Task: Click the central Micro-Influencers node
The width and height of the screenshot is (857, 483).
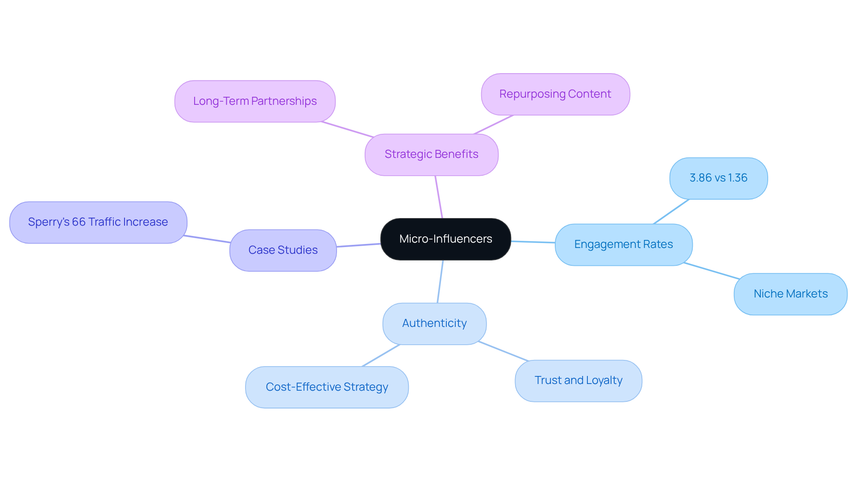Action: [445, 239]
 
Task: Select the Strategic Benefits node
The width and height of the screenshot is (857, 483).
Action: [431, 154]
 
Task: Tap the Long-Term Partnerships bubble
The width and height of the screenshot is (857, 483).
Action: [254, 101]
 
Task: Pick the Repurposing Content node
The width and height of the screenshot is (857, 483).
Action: [555, 94]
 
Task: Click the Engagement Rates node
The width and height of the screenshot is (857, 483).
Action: [623, 244]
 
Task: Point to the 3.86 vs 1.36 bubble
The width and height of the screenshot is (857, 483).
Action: [718, 178]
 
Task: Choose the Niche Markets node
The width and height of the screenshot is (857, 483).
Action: [790, 294]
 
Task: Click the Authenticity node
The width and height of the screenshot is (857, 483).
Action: [434, 323]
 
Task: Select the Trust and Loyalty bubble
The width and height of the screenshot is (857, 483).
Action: [578, 380]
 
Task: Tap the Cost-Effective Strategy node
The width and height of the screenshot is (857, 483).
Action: [326, 387]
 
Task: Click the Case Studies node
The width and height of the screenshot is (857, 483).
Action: [283, 250]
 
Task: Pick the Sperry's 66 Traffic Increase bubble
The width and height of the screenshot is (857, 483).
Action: [98, 222]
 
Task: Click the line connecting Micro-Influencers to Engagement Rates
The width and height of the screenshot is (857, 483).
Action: [533, 242]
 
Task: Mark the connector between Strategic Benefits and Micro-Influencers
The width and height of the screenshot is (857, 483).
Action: [439, 197]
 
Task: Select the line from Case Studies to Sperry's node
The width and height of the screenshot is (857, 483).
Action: [208, 239]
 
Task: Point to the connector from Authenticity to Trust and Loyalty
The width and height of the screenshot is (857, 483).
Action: [503, 351]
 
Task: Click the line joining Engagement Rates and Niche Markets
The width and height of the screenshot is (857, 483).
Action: [711, 271]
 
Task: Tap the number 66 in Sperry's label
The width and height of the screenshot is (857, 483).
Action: [79, 222]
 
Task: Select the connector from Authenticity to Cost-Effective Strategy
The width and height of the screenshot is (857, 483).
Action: [381, 355]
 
